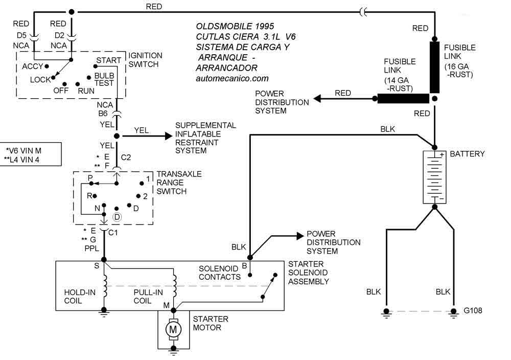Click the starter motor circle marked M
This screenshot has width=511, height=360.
click(173, 328)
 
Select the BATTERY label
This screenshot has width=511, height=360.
click(467, 154)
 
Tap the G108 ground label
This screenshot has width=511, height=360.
click(473, 310)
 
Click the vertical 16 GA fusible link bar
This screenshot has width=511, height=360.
click(434, 67)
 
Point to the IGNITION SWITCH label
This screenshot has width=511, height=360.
click(145, 60)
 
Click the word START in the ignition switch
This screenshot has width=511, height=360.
click(108, 60)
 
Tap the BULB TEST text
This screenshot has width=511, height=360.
click(104, 79)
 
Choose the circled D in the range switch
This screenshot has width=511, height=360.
click(117, 216)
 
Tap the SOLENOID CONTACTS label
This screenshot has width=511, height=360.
click(220, 273)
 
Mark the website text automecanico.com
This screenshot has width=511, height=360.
click(232, 79)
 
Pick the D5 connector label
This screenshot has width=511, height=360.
click(21, 35)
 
